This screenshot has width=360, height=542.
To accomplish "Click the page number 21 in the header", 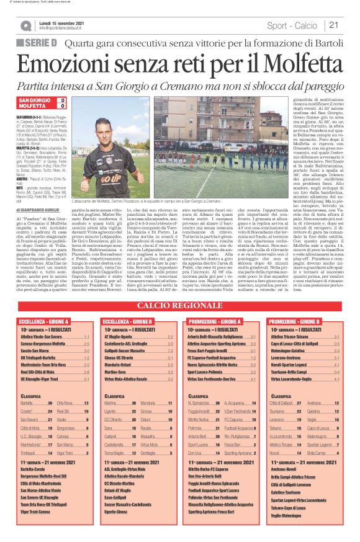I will (333, 25).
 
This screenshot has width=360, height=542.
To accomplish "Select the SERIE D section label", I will (39, 42).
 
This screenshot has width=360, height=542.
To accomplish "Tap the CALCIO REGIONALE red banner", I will (179, 306).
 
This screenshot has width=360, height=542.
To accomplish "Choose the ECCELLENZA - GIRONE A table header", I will (47, 322).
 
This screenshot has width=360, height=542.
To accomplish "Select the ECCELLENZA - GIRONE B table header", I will (130, 322).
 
